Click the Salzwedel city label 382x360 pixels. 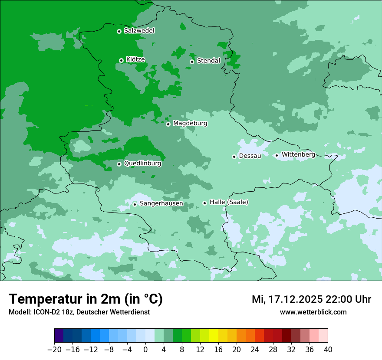(x=139, y=31)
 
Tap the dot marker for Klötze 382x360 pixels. (x=122, y=60)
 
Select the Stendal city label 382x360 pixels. (x=208, y=61)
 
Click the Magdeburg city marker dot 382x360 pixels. (x=168, y=124)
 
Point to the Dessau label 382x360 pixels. (x=250, y=156)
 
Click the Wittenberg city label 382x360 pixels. (x=298, y=154)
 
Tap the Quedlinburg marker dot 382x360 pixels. (x=119, y=164)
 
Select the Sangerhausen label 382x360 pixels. (x=161, y=203)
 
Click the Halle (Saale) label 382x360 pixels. (x=229, y=202)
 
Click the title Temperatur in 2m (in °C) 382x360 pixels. (x=86, y=299)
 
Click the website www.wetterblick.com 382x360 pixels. (x=313, y=312)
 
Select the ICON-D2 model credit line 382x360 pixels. (x=79, y=312)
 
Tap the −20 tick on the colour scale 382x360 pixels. (x=54, y=350)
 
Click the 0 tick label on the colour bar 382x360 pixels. (x=145, y=350)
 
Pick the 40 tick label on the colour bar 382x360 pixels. (x=328, y=350)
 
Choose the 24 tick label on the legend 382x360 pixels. (x=255, y=350)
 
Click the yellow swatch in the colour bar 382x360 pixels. (x=214, y=336)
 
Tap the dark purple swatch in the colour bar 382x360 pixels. (x=59, y=336)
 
